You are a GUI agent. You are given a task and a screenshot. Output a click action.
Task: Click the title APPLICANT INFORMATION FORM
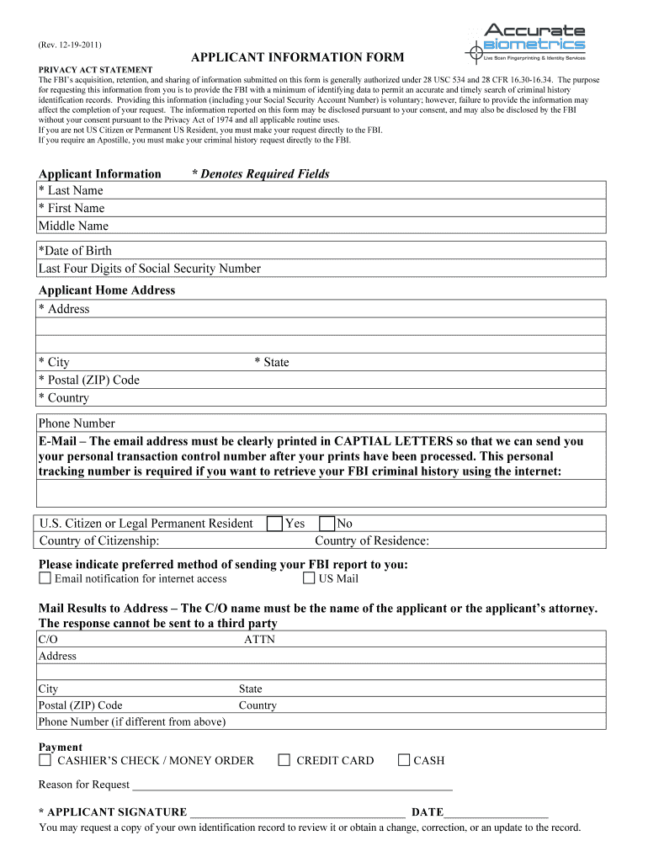pyautogui.click(x=297, y=57)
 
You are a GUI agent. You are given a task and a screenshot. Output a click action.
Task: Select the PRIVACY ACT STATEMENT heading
pyautogui.click(x=95, y=70)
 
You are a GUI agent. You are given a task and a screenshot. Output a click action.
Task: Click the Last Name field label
pyautogui.click(x=71, y=190)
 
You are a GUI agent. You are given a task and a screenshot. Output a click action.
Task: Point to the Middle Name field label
pyautogui.click(x=73, y=226)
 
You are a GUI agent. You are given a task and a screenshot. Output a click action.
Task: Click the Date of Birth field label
pyautogui.click(x=75, y=251)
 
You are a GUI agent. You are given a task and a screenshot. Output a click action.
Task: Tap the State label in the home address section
pyautogui.click(x=272, y=362)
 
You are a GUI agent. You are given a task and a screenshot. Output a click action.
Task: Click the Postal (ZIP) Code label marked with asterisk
pyautogui.click(x=89, y=380)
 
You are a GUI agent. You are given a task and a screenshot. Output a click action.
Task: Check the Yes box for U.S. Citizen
pyautogui.click(x=274, y=524)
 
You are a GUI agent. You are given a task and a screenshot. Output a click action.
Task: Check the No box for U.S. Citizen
pyautogui.click(x=327, y=524)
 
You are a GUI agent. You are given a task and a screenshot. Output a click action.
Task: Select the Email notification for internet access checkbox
pyautogui.click(x=45, y=578)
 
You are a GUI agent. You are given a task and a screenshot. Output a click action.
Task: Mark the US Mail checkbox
pyautogui.click(x=309, y=578)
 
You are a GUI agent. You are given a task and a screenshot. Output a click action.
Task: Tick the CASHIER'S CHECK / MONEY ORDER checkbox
pyautogui.click(x=45, y=760)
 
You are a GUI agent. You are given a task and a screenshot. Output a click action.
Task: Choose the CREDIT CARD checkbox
pyautogui.click(x=284, y=760)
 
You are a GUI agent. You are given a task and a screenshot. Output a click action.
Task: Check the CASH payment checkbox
pyautogui.click(x=404, y=760)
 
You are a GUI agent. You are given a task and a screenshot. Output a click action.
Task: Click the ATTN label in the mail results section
pyautogui.click(x=259, y=640)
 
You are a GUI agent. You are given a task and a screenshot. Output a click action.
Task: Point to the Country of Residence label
pyautogui.click(x=372, y=540)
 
